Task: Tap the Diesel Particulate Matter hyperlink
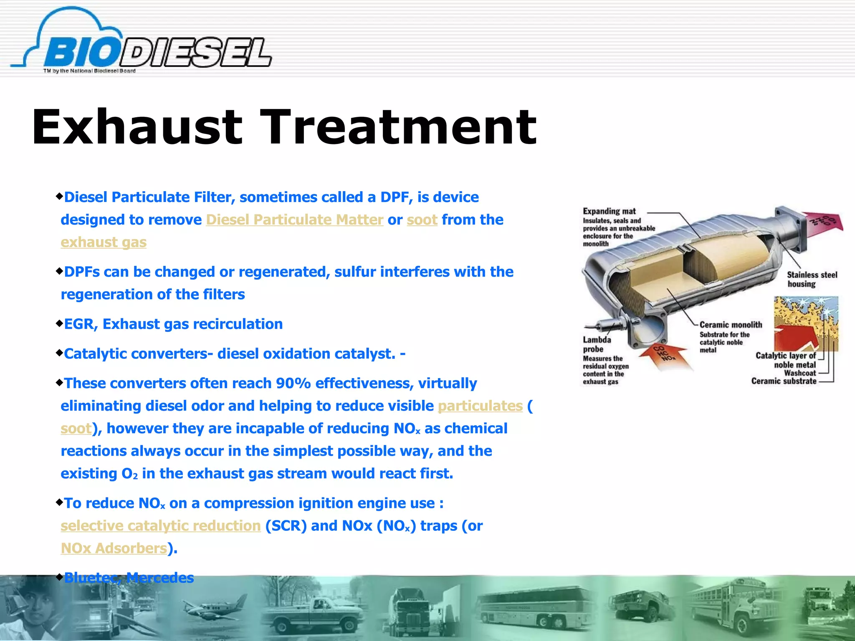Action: [x=294, y=220]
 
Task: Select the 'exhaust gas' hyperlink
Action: [x=104, y=242]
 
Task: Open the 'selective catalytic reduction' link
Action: [x=161, y=526]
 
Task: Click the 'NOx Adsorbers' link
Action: [x=114, y=548]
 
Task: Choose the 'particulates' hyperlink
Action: [x=480, y=406]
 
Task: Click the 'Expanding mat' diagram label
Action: [x=609, y=211]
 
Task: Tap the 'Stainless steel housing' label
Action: [x=812, y=279]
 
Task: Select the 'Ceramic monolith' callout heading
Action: [x=731, y=325]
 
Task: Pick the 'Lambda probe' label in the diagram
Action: [x=597, y=344]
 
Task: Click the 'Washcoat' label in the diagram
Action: [x=799, y=373]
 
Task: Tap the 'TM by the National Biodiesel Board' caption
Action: [x=89, y=71]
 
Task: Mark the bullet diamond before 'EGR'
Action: [x=59, y=323]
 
